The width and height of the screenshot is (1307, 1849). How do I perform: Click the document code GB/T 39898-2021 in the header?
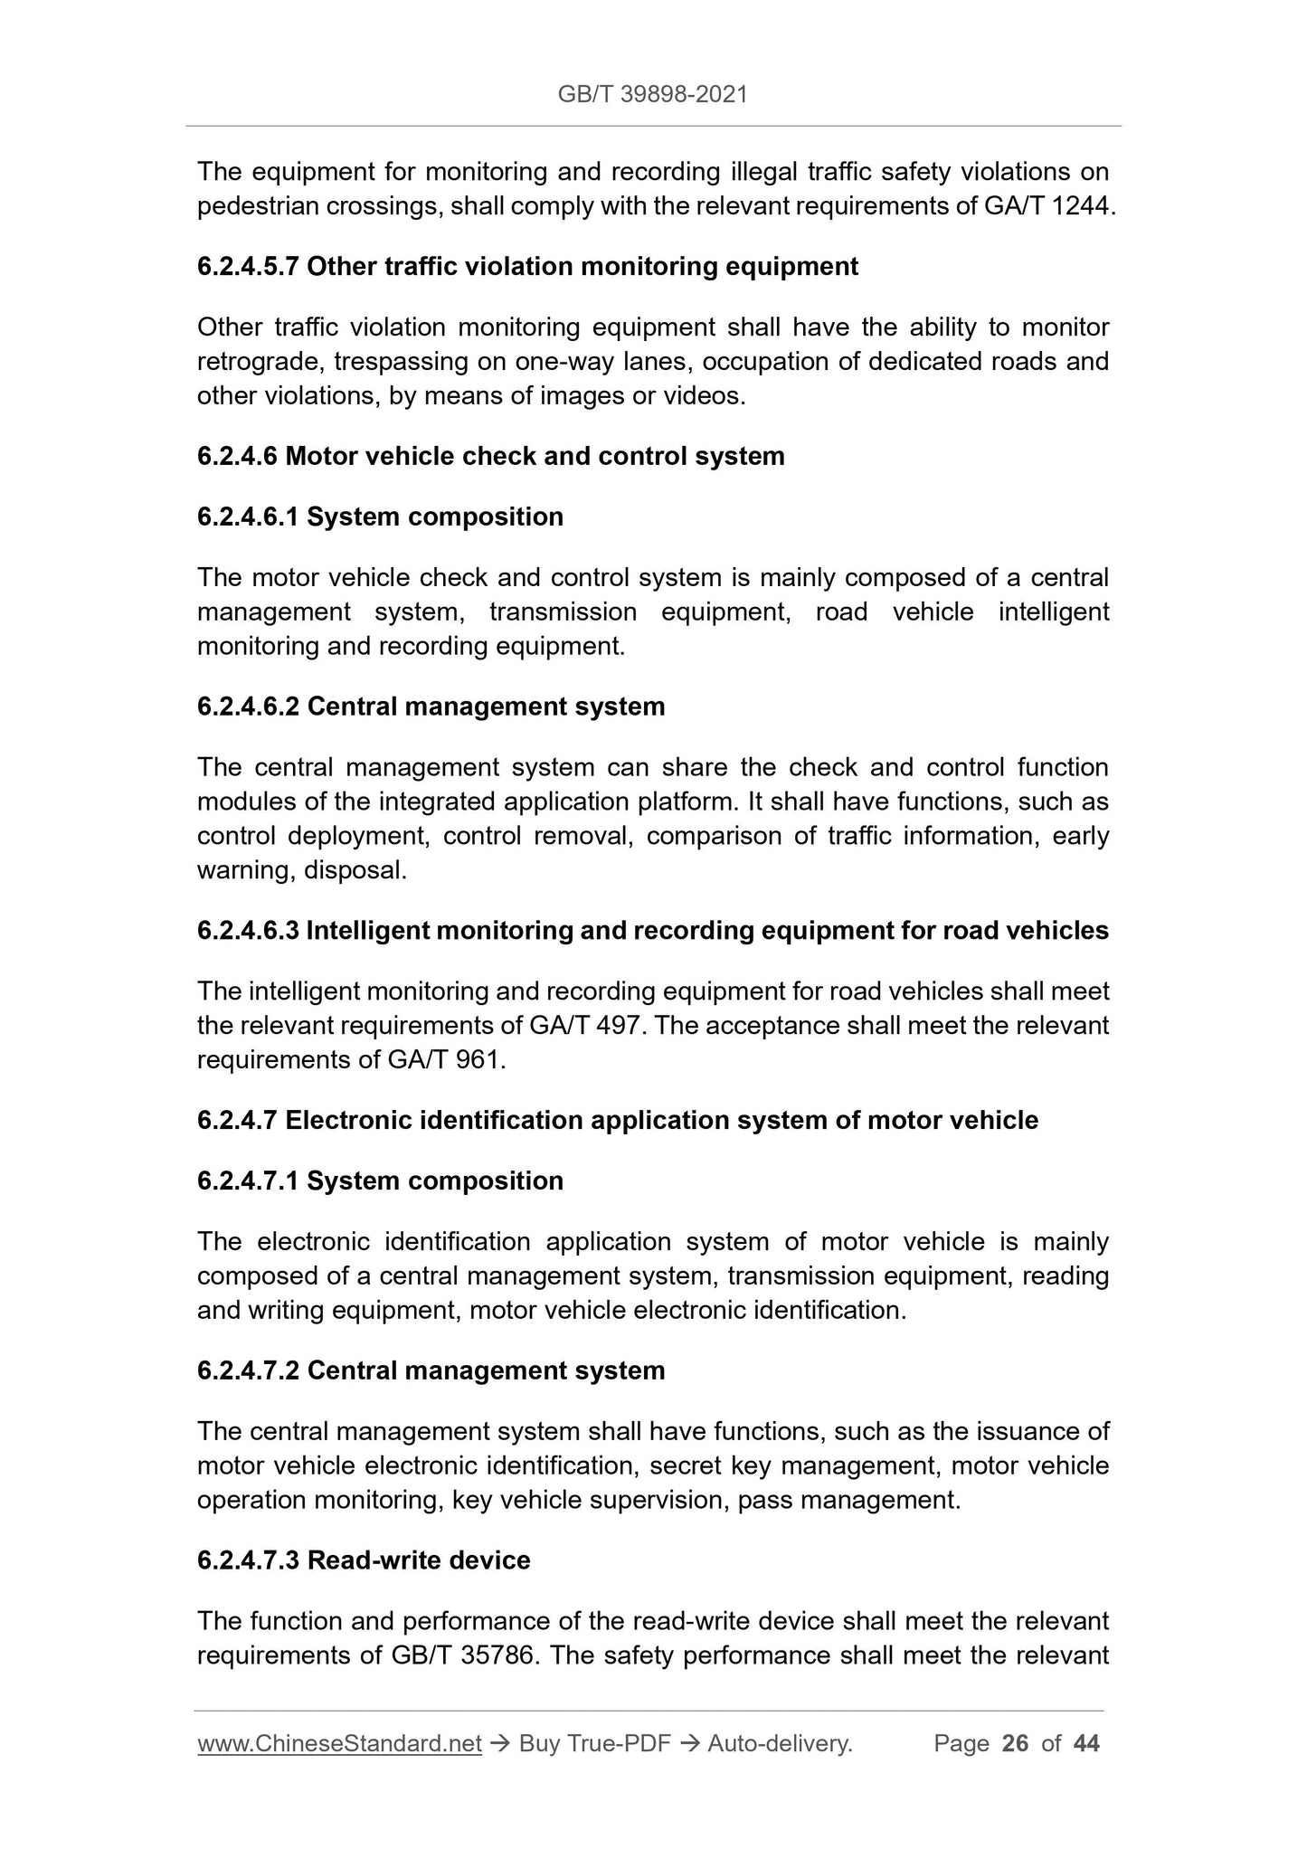[652, 94]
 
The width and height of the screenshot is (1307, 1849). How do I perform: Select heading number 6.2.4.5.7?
[248, 267]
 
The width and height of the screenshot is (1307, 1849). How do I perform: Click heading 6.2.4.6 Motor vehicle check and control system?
[490, 456]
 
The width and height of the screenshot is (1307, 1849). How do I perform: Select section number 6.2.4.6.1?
[248, 517]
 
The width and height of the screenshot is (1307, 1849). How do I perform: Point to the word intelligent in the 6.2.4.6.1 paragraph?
[1053, 612]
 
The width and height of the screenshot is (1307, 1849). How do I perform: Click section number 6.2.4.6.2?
[248, 706]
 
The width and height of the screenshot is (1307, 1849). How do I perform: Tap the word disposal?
[355, 871]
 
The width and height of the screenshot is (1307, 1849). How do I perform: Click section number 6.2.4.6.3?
[248, 931]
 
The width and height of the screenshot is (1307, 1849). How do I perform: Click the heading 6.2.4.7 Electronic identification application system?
[617, 1121]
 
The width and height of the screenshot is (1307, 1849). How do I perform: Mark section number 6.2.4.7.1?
[248, 1181]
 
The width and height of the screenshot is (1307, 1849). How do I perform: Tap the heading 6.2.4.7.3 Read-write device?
[364, 1560]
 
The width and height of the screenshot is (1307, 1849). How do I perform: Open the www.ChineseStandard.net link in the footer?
[339, 1744]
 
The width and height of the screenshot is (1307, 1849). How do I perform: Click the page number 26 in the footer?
[1015, 1744]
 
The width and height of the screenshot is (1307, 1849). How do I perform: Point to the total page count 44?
[1085, 1744]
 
